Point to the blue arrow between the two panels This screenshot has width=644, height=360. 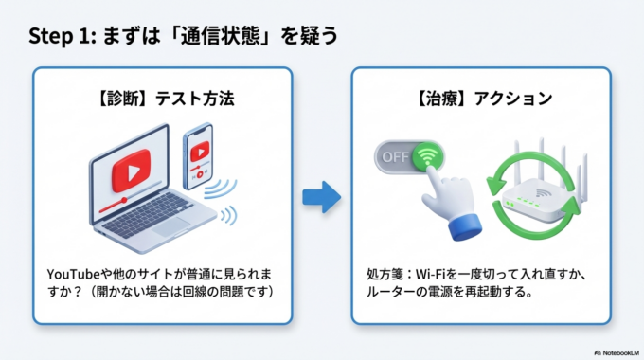point(320,198)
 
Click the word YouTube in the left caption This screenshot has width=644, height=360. point(77,273)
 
